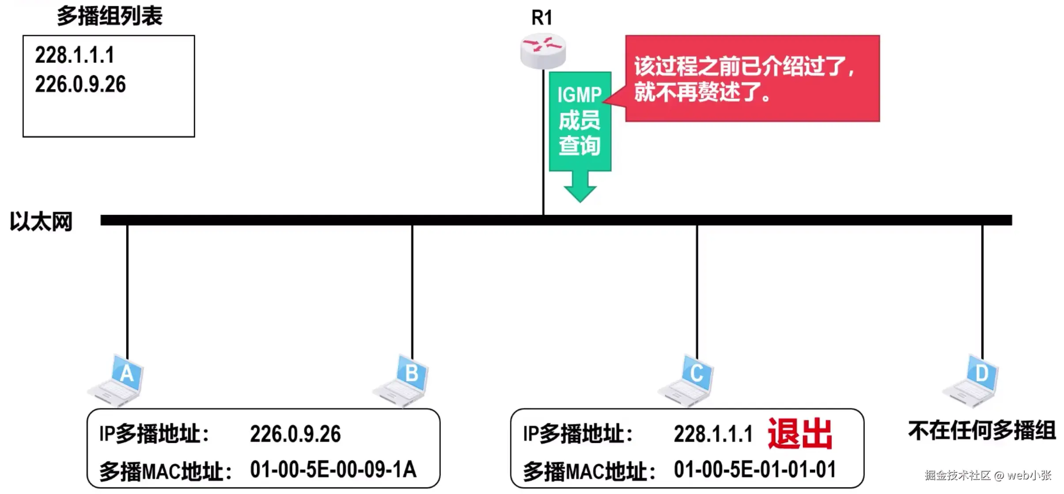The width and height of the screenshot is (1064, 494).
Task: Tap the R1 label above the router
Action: pos(542,18)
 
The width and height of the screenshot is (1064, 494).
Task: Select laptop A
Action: pos(116,380)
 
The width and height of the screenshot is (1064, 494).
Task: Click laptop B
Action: pos(401,380)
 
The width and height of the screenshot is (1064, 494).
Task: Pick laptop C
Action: pos(686,380)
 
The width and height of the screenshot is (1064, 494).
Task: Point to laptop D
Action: pos(971,380)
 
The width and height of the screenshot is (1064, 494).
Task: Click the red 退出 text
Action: pos(800,434)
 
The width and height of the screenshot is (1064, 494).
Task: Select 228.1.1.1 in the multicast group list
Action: pos(75,55)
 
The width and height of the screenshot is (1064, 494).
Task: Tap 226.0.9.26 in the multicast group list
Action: pos(80,84)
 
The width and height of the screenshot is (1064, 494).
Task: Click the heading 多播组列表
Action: pos(110,16)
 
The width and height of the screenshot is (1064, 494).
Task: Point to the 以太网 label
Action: pos(41,221)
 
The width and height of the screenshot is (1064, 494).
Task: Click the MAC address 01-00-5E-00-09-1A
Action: pos(333,469)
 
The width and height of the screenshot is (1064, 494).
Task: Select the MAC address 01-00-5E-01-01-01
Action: pos(755,469)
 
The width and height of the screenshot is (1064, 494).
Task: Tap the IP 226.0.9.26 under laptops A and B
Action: pos(295,434)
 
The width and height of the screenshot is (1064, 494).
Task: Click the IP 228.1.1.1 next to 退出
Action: pos(713,434)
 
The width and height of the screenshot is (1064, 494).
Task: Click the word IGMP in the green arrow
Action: pos(579,95)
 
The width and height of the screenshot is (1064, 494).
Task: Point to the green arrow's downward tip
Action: pos(580,202)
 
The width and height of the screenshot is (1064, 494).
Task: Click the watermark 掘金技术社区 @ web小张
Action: pos(988,475)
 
